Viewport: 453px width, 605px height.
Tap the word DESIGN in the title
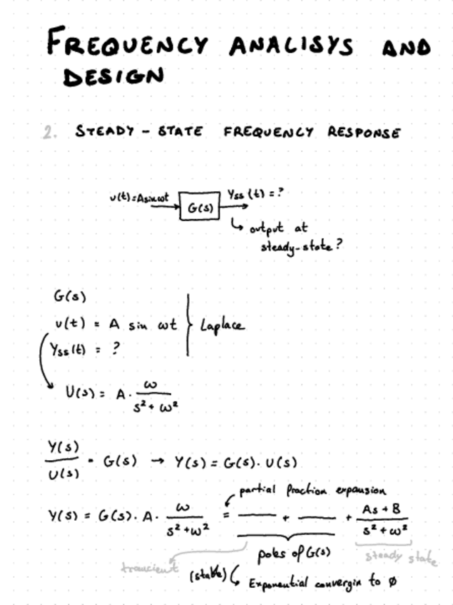[113, 76]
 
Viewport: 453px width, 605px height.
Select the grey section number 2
[49, 132]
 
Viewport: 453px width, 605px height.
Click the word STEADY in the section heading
[104, 132]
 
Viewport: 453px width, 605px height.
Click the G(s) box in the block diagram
[198, 207]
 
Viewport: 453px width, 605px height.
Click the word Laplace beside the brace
[221, 325]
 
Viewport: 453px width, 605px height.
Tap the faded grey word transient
[146, 569]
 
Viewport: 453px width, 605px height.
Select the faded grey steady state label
[401, 556]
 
